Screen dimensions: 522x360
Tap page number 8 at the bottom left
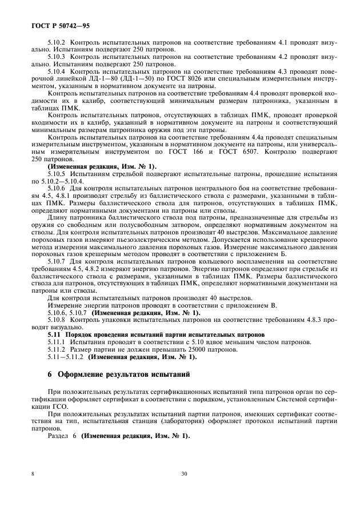tap(33, 474)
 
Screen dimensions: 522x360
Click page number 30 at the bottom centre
tap(184, 474)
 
